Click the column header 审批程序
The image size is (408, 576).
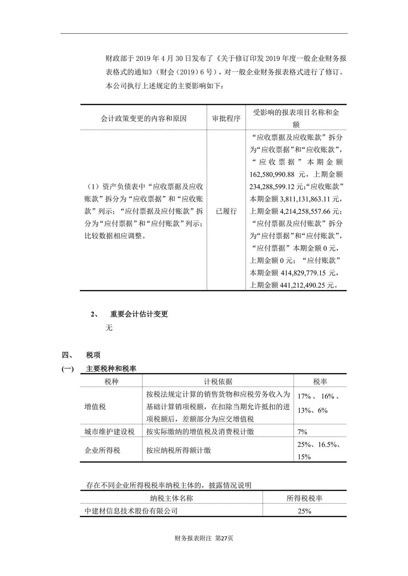(226, 119)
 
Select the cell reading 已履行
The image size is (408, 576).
(226, 211)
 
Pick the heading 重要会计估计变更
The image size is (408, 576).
(139, 314)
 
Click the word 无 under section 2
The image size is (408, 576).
(109, 328)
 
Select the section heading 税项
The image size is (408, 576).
(93, 355)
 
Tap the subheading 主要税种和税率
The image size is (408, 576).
(111, 369)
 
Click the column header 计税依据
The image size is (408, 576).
(218, 381)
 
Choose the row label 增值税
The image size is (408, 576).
(95, 407)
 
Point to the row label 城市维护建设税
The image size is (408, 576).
(109, 432)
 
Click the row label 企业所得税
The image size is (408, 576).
(102, 451)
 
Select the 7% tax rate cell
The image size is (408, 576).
(302, 432)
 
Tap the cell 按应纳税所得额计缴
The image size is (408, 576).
(178, 451)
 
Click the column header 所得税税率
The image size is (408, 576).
(304, 498)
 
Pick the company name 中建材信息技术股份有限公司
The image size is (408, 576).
(131, 511)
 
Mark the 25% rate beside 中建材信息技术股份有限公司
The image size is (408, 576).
(304, 511)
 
